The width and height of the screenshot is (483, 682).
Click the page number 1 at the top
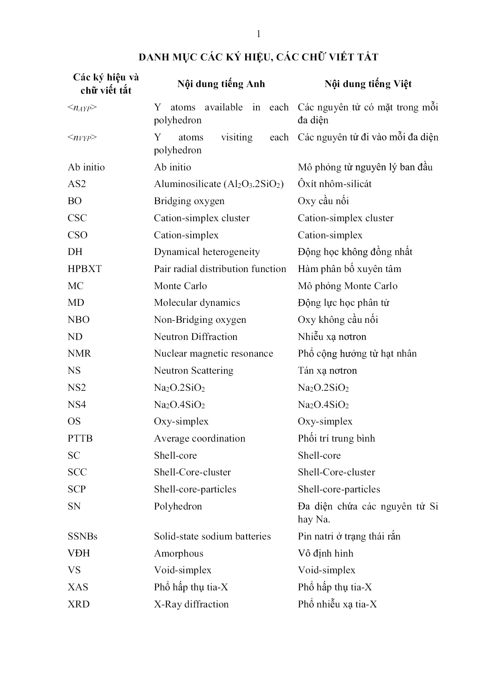259,34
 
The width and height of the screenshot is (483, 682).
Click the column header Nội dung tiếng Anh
221,84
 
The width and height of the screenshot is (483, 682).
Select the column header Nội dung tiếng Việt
368,84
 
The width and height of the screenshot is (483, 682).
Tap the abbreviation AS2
77,184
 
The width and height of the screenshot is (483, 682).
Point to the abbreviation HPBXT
85,269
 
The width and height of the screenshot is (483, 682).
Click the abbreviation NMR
79,354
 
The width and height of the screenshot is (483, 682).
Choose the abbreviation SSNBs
83,537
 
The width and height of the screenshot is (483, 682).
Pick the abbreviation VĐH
79,554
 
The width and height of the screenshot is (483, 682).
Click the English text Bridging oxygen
189,201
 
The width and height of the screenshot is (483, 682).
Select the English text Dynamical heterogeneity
206,252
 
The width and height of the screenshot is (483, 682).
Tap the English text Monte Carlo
180,286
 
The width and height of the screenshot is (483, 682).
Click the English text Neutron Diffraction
195,337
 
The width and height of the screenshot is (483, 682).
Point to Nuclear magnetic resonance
213,354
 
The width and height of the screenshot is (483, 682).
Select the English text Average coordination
199,439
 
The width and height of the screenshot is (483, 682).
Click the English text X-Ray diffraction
191,605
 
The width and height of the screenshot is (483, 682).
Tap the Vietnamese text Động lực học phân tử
343,303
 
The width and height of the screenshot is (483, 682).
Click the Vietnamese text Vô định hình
325,554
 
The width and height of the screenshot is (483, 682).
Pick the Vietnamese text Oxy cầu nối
323,201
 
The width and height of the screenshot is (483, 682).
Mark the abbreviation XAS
78,587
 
